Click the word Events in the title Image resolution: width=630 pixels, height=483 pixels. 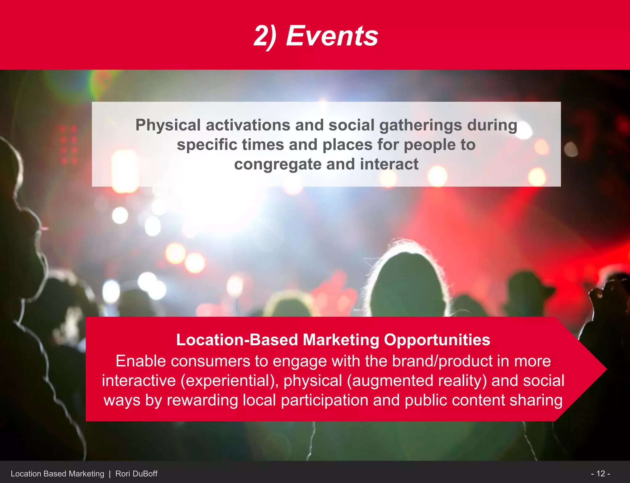[332, 36]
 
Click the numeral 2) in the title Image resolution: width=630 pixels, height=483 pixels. [265, 36]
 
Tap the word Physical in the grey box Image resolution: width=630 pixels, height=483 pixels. [168, 125]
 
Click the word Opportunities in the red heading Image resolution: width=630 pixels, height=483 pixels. [437, 340]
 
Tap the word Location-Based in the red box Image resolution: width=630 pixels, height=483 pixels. [237, 340]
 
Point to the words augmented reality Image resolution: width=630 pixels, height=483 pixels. [417, 381]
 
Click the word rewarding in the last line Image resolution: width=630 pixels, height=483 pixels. [202, 400]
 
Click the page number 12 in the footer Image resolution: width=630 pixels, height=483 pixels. [600, 473]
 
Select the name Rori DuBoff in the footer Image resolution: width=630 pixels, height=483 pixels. [136, 474]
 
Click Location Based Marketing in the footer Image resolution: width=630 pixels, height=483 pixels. [58, 474]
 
